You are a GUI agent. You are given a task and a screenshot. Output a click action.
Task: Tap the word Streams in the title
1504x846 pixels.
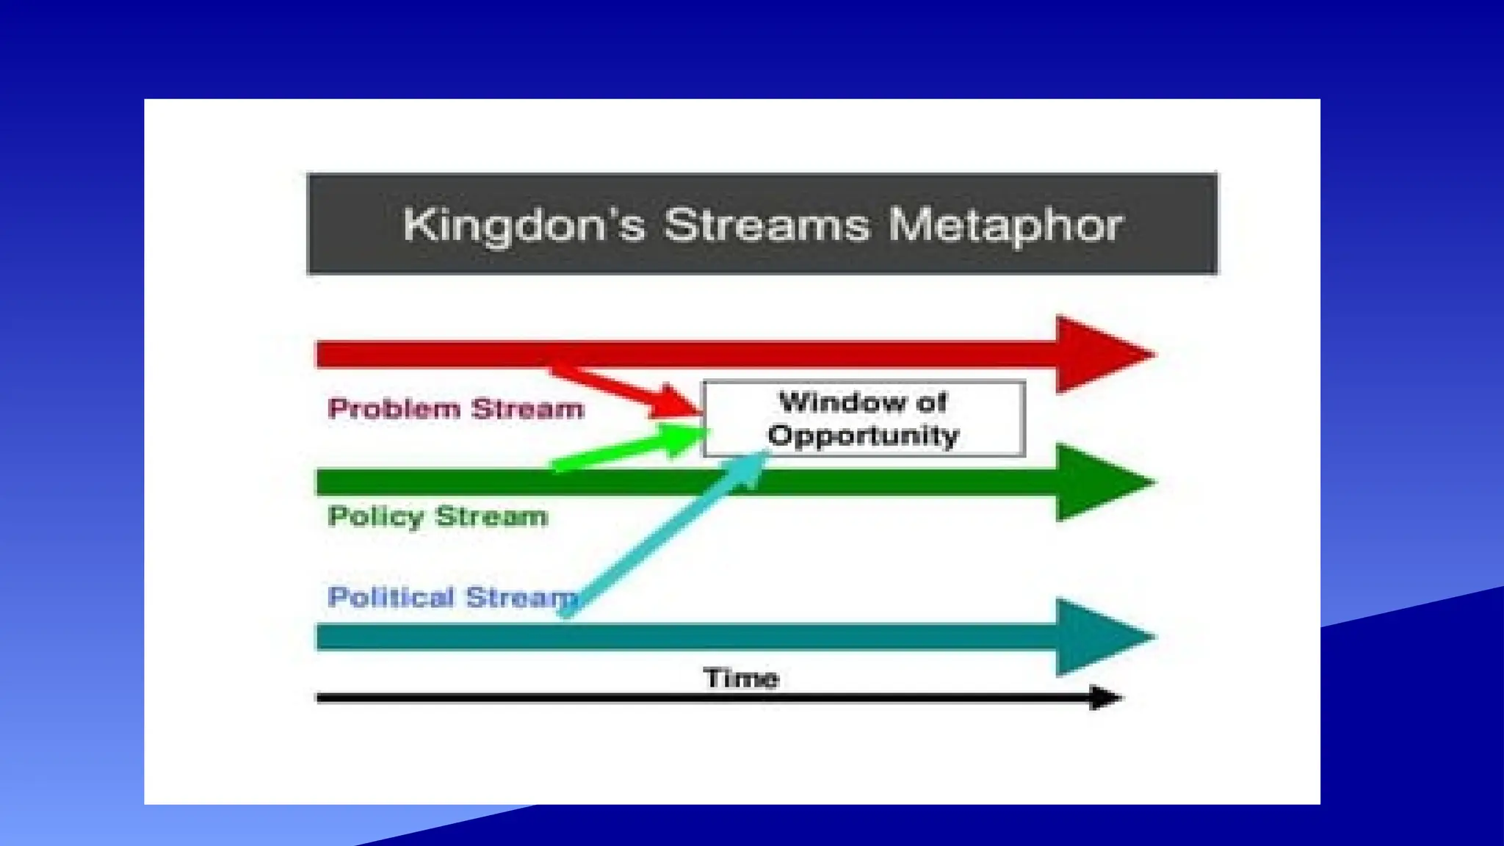[x=766, y=224]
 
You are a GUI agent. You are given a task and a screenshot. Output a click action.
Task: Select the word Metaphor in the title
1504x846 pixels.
[x=1005, y=224]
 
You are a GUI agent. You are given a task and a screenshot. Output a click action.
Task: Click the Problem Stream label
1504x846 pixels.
[x=455, y=408]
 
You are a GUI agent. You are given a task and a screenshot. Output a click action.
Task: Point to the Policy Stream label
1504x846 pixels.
[x=438, y=516]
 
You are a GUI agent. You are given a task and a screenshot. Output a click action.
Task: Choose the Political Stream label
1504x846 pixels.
[x=449, y=597]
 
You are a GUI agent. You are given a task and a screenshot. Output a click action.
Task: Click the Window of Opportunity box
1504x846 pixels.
[x=864, y=419]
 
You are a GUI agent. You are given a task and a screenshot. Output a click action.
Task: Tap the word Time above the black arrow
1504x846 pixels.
[x=740, y=677]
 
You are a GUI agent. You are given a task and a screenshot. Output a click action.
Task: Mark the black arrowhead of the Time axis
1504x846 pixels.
[x=1104, y=698]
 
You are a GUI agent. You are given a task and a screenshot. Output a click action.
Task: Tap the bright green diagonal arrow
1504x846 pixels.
[x=624, y=450]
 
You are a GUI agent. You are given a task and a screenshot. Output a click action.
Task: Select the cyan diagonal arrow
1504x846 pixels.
[x=661, y=536]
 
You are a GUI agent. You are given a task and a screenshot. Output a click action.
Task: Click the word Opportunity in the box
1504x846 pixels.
[x=864, y=435]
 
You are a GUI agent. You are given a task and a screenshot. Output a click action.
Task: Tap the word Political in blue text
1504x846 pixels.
[x=391, y=597]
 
